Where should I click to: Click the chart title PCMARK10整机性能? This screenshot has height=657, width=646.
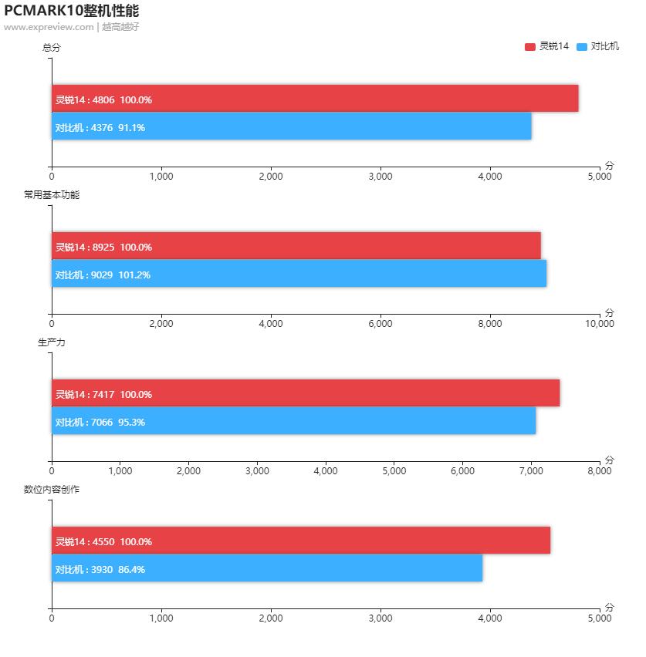pos(71,11)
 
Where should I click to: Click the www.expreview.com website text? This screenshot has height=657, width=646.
pos(49,27)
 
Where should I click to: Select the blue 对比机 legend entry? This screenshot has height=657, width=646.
pos(597,46)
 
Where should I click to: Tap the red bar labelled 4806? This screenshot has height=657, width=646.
pos(315,99)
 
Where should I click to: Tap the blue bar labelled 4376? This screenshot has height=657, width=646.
pos(292,126)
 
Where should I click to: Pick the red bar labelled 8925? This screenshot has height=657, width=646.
pos(296,246)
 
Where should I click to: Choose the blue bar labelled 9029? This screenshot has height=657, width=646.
pos(299,274)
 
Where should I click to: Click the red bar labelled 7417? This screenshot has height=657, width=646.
pos(306,393)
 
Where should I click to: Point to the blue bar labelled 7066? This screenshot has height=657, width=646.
pos(293,421)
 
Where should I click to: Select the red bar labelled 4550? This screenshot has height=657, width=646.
pos(301,541)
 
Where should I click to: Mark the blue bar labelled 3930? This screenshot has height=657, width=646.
pos(267,568)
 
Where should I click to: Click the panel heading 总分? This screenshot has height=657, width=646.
pos(52,48)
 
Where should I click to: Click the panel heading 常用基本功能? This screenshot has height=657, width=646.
pos(52,195)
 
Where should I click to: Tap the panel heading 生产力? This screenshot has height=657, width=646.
pos(52,342)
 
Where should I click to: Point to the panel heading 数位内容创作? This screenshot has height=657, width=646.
pos(52,490)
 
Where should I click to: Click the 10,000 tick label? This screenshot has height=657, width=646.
pos(599,324)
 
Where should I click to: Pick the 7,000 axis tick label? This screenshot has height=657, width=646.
pos(531,471)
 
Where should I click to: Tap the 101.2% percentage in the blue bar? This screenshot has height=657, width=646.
pos(134,275)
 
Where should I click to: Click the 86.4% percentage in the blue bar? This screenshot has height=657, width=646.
pos(131,569)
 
